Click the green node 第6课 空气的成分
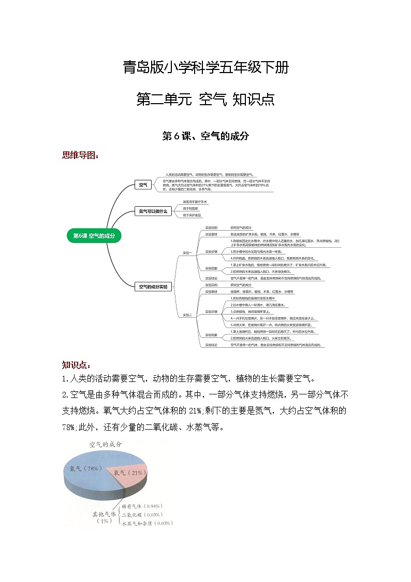[x=94, y=236]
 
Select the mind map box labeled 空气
[x=142, y=184]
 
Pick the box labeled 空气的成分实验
[x=153, y=287]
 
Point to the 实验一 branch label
[x=187, y=253]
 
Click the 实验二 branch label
[x=187, y=315]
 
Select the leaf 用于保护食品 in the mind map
[x=192, y=215]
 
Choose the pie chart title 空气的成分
[x=106, y=445]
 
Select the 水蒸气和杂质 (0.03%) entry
[x=147, y=523]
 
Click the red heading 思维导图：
[x=81, y=154]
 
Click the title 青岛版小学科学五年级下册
[x=205, y=67]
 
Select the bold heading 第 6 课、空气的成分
[x=205, y=136]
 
